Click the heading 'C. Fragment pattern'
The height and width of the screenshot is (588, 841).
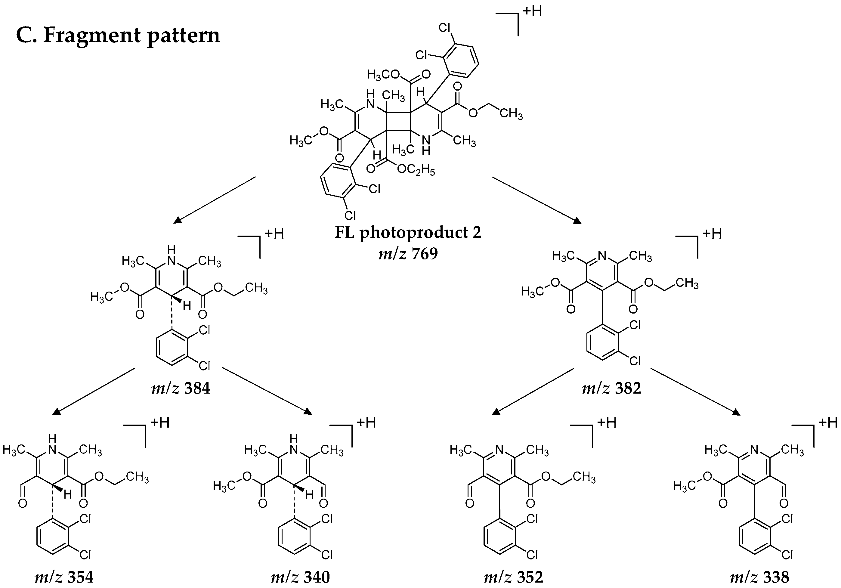[118, 36]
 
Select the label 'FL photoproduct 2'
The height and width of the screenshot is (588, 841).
[408, 232]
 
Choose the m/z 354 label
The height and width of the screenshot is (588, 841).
[64, 577]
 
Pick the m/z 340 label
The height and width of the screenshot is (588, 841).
[300, 577]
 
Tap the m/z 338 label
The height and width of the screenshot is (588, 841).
[759, 577]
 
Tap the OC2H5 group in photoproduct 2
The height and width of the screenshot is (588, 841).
[416, 170]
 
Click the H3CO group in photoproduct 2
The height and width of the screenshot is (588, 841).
[383, 75]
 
